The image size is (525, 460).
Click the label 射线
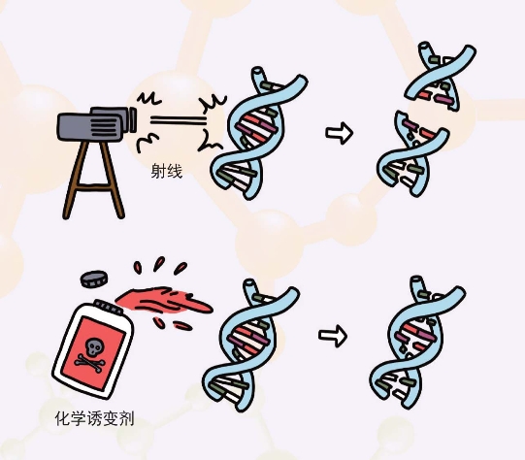pos(166,172)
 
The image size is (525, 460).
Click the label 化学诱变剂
pos(95,418)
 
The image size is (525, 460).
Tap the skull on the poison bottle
pos(93,347)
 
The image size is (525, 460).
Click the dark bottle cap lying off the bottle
pos(94,279)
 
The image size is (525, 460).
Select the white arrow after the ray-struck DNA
pos(340,133)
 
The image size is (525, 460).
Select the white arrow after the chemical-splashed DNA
pos(333,336)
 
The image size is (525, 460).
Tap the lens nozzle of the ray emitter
pos(133,119)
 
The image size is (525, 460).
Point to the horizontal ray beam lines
pos(178,120)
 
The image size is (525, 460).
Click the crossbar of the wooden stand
pos(94,188)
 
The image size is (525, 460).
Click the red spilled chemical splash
pos(164,301)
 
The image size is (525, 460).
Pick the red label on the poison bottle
pos(94,353)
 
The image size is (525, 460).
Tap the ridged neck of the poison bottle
pos(109,308)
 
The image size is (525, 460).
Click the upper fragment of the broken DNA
pos(441,77)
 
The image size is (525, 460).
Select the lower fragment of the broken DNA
pos(412,153)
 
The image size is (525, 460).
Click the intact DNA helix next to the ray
pos(258,133)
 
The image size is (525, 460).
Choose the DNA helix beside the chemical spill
pos(250,345)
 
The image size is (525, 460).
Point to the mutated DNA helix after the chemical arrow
pos(417,343)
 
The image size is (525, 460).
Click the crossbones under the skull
pos(89,363)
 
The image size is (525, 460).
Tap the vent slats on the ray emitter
pos(104,126)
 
